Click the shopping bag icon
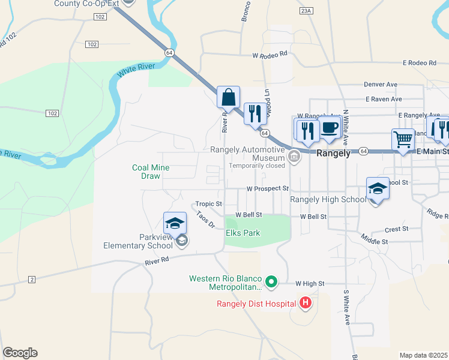click(228, 97)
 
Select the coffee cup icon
click(330, 127)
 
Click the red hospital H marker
click(306, 303)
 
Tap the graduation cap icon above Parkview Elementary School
click(175, 223)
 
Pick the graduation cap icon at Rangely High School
click(378, 188)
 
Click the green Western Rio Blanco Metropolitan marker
click(271, 280)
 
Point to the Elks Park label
click(243, 233)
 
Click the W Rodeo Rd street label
click(270, 55)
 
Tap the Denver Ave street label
click(381, 85)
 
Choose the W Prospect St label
click(268, 188)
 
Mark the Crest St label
click(396, 229)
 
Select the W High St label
click(310, 283)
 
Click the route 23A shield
click(306, 11)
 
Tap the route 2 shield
click(32, 279)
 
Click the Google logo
click(20, 353)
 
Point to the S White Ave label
click(347, 308)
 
